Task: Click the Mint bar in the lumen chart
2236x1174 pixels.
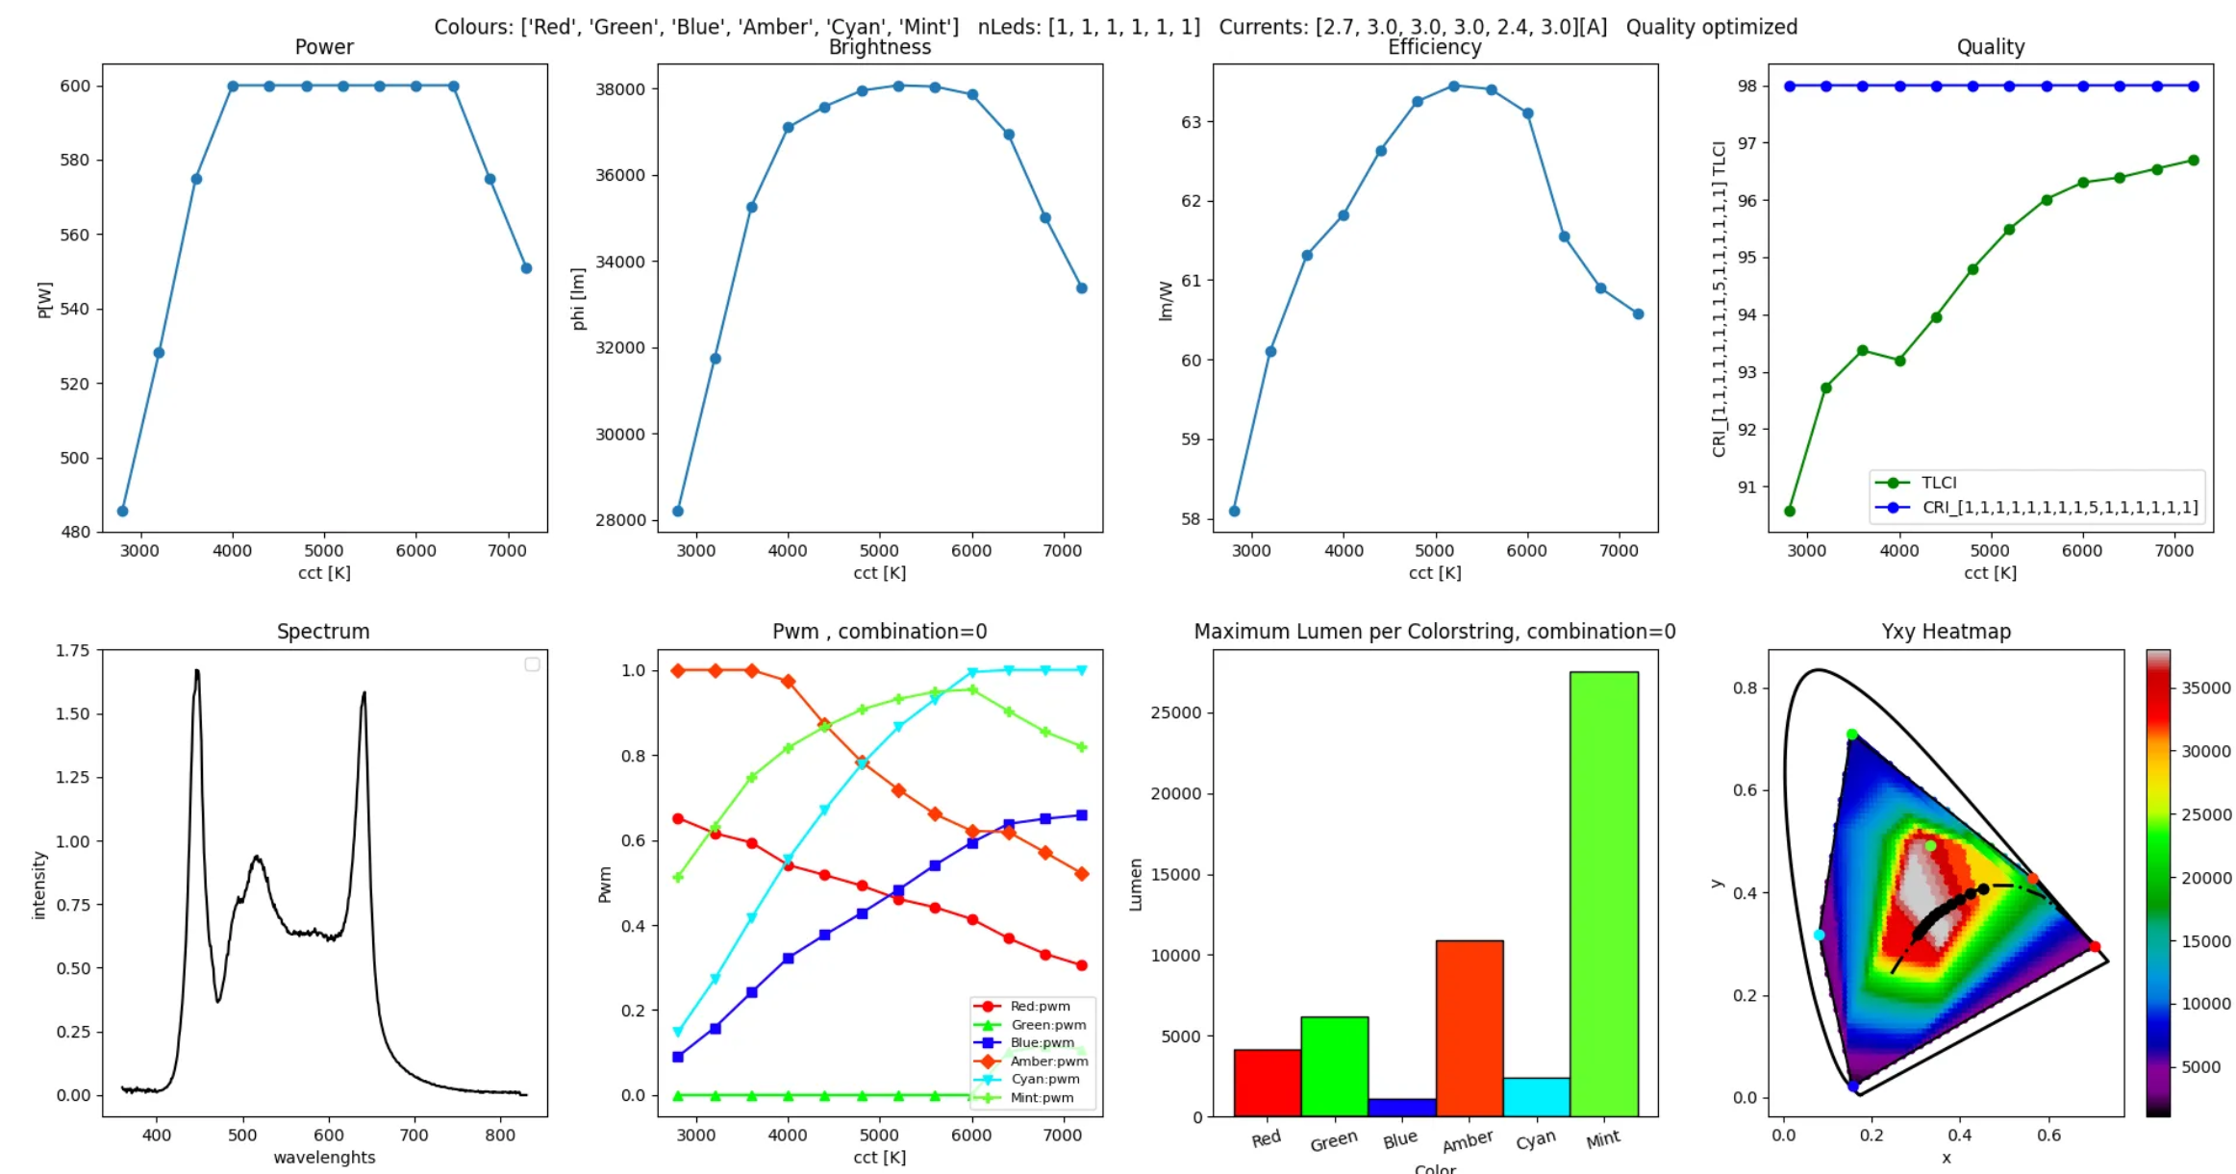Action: click(1603, 894)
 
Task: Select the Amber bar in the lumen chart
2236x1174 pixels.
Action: click(1469, 1028)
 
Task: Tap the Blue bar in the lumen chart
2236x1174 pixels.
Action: click(1401, 1108)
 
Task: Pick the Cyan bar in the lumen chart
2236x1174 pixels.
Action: click(1536, 1097)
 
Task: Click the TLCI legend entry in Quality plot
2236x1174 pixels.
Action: click(1938, 483)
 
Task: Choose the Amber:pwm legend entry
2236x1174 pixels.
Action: click(1048, 1062)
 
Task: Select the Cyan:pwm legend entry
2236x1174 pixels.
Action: click(1044, 1080)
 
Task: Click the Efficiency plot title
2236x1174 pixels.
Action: click(1434, 47)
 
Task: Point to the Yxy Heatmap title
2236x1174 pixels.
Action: click(1946, 632)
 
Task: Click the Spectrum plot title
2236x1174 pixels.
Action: click(323, 632)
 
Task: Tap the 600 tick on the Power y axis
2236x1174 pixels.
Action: click(75, 87)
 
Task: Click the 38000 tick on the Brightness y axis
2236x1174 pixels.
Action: click(620, 89)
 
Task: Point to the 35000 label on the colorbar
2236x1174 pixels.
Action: click(2205, 688)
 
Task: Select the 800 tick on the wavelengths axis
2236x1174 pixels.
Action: click(500, 1136)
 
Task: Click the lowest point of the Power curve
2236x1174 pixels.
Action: click(122, 512)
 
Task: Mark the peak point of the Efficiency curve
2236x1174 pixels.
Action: click(1454, 87)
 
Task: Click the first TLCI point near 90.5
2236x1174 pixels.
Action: click(1790, 512)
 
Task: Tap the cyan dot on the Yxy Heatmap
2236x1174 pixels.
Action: click(1819, 935)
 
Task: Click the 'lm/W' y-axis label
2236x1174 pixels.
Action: click(1166, 301)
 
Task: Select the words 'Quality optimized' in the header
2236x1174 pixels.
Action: click(1711, 27)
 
